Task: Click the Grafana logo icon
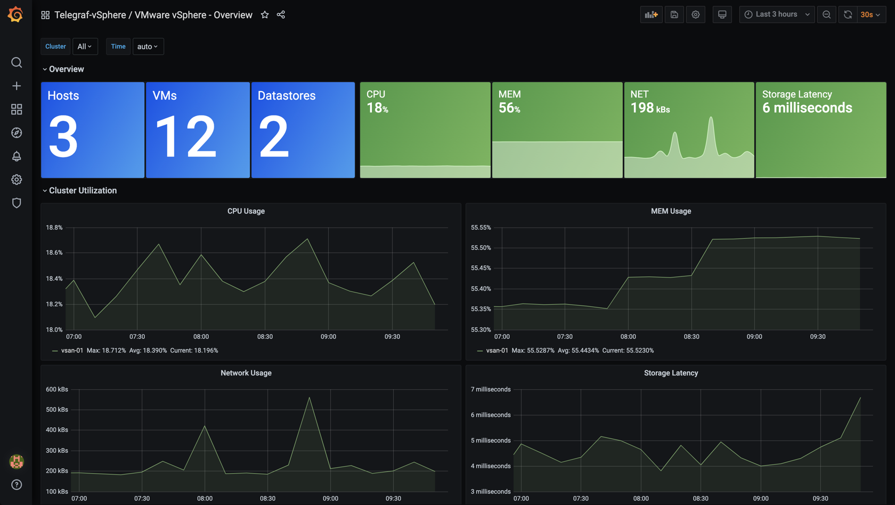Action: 15,14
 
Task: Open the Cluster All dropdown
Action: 85,46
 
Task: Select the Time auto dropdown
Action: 148,46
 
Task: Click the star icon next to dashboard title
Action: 265,15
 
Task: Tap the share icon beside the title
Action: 281,15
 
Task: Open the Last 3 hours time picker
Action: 777,14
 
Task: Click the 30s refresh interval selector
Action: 870,15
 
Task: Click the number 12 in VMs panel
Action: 185,137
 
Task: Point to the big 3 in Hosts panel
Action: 63,137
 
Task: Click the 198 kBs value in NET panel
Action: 649,108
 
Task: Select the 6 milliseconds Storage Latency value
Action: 807,108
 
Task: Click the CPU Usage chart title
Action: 246,211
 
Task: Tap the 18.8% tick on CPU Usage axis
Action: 54,227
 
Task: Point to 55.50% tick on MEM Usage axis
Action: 481,248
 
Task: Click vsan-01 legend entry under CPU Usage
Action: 72,351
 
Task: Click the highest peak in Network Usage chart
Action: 310,397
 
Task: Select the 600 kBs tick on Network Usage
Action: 57,389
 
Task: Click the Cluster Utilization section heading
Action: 83,191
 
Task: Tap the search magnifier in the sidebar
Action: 17,62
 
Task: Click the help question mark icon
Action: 17,485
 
